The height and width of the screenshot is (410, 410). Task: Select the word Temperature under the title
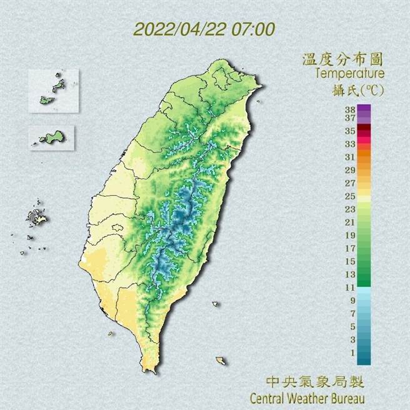point(349,74)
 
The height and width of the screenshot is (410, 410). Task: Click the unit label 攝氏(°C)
point(359,90)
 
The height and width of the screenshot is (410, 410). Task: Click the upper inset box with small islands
point(53,91)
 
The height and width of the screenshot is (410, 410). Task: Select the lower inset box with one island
point(52,137)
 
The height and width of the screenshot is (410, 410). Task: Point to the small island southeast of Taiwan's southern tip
point(221,361)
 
